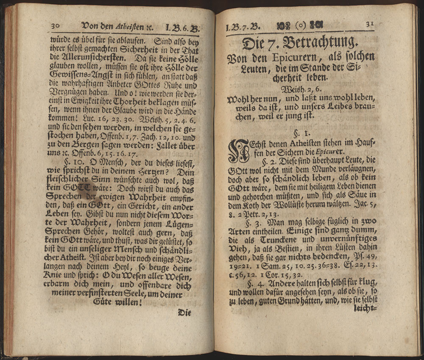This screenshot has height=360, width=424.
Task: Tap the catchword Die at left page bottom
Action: tap(184, 313)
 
